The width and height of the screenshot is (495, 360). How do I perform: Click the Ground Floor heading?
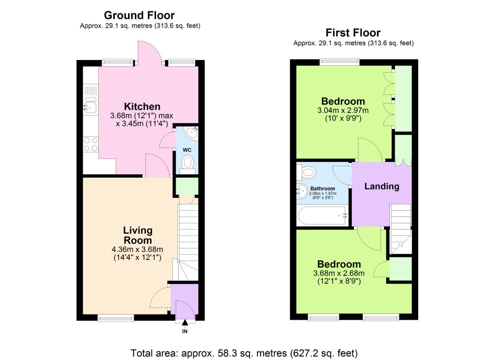point(139,15)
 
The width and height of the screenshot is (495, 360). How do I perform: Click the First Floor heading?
point(353,33)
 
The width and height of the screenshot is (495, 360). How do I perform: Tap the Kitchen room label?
point(142,106)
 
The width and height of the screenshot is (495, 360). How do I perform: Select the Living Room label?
point(138,235)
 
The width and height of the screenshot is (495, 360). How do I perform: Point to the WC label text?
point(187,150)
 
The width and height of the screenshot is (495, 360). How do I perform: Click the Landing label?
point(382,186)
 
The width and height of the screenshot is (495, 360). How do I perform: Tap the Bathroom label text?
point(322,188)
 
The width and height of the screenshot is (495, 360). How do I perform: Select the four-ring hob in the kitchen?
point(91,144)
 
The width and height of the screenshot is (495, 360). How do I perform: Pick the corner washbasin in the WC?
point(192,132)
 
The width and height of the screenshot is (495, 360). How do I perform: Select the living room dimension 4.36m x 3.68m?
point(137,249)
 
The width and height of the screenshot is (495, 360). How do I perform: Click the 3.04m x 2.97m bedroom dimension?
point(343,110)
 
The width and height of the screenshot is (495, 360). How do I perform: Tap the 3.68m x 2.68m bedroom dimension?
point(339,273)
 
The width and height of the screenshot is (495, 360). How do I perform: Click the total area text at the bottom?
point(244,353)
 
